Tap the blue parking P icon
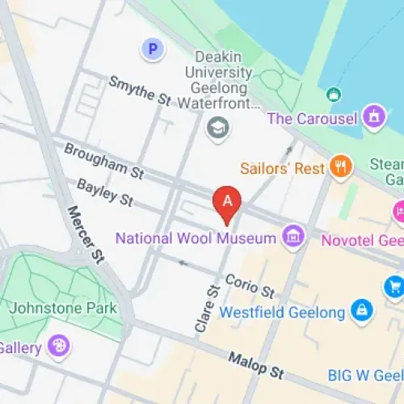point(152,50)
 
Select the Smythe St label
point(141,93)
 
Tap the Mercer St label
point(86,235)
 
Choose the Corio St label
point(250,284)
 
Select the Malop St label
point(255,365)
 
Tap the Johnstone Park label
point(62,308)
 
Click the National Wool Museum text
point(196,238)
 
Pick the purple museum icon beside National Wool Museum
point(293,237)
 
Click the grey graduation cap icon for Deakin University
point(217,128)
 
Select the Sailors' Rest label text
point(282,169)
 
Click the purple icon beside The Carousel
point(372,117)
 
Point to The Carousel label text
point(312,118)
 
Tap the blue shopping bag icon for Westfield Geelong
point(360,310)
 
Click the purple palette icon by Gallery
point(59,347)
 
